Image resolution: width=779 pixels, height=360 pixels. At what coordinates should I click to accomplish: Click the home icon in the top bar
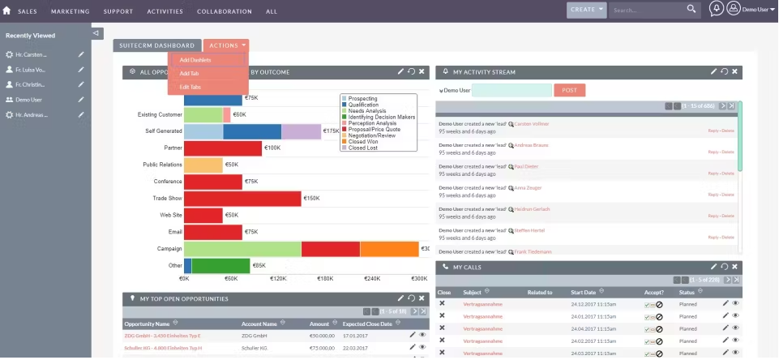[x=6, y=11]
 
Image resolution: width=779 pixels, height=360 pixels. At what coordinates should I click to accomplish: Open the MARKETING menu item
[x=70, y=11]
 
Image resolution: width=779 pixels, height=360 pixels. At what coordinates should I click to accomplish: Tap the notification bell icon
[x=716, y=9]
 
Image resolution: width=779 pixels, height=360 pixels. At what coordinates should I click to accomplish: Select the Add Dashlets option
[x=195, y=60]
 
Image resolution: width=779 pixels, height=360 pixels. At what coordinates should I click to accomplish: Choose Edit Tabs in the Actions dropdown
[x=190, y=87]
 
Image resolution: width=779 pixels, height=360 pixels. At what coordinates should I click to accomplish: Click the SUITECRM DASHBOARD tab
[x=157, y=45]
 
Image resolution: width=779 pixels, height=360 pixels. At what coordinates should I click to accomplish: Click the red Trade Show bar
[x=242, y=198]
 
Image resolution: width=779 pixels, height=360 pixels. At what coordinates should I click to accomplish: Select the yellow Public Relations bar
[x=203, y=165]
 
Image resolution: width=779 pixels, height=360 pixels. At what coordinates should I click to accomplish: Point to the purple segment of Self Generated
[x=301, y=131]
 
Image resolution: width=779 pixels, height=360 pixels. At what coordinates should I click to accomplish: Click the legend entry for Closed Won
[x=365, y=142]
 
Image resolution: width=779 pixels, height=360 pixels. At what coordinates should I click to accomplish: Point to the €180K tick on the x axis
[x=325, y=278]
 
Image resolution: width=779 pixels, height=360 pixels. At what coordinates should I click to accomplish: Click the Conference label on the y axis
[x=168, y=182]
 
